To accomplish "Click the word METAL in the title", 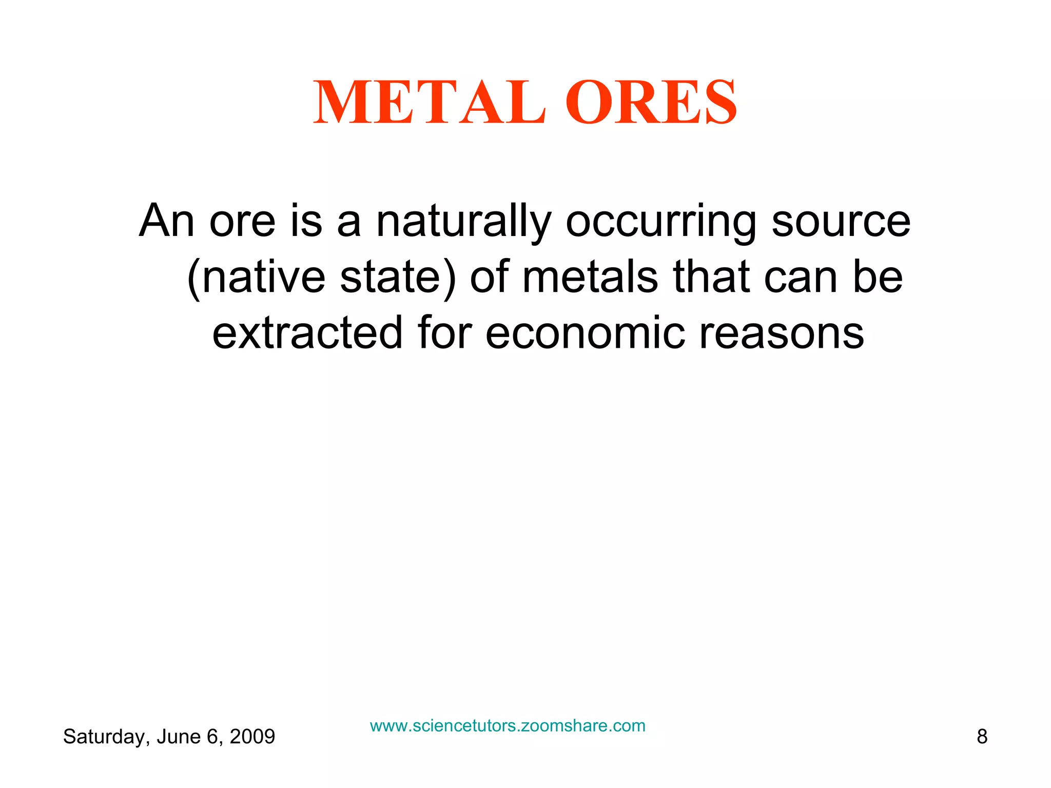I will click(x=429, y=103).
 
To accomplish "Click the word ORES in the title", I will click(x=651, y=103).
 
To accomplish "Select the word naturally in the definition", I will click(x=463, y=222).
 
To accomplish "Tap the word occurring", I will click(x=661, y=222).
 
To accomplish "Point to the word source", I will click(x=841, y=222).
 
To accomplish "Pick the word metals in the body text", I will click(x=590, y=278).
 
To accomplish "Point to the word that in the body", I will click(x=711, y=278).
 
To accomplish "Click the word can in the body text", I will click(x=801, y=278).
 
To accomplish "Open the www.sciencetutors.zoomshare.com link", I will click(x=508, y=726).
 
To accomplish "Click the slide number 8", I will click(x=982, y=737).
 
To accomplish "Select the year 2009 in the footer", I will click(x=252, y=737).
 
